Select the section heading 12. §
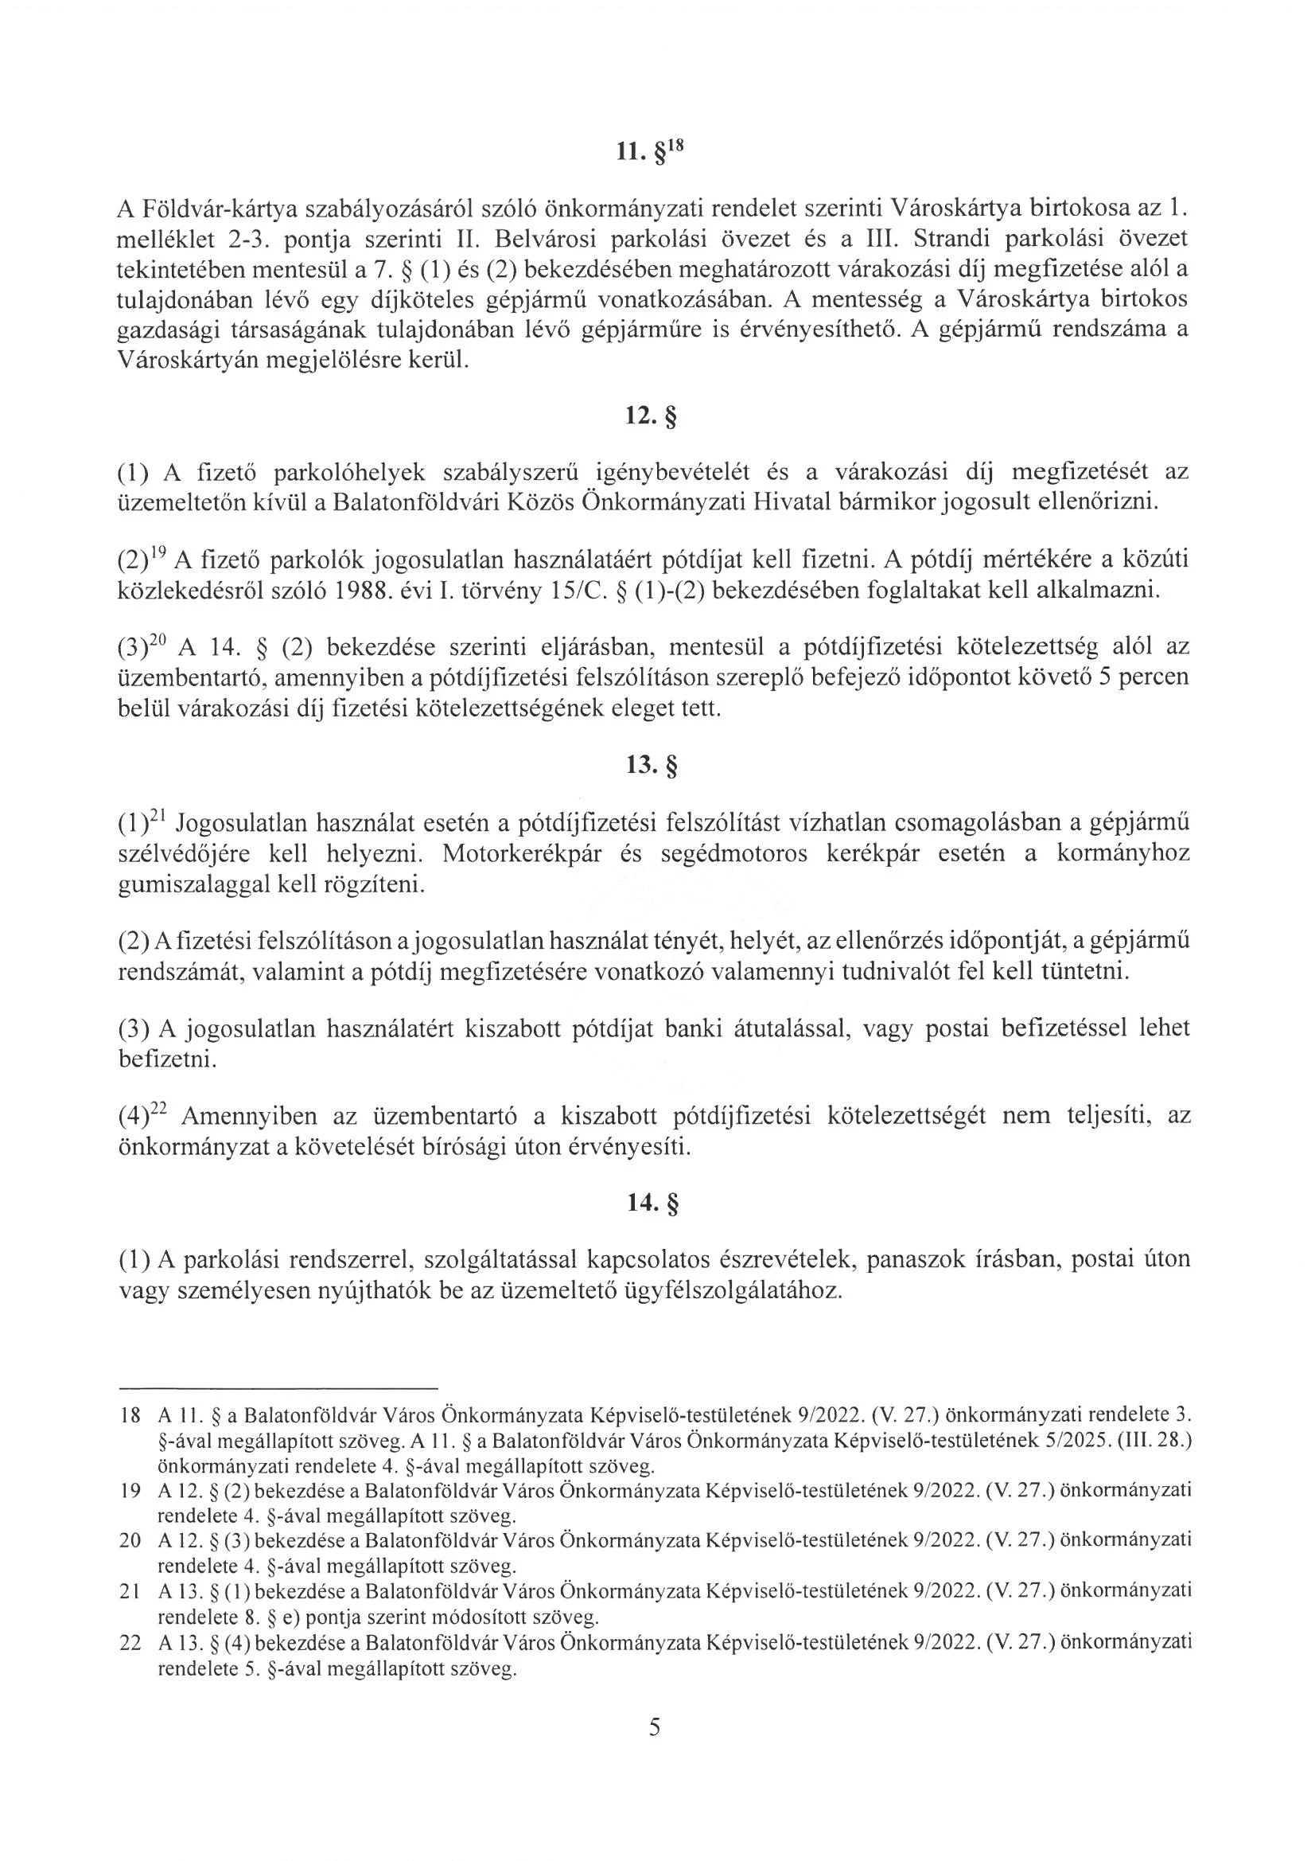[x=650, y=417]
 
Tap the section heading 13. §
[x=650, y=765]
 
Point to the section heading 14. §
[x=650, y=1204]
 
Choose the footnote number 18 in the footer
[x=130, y=1415]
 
